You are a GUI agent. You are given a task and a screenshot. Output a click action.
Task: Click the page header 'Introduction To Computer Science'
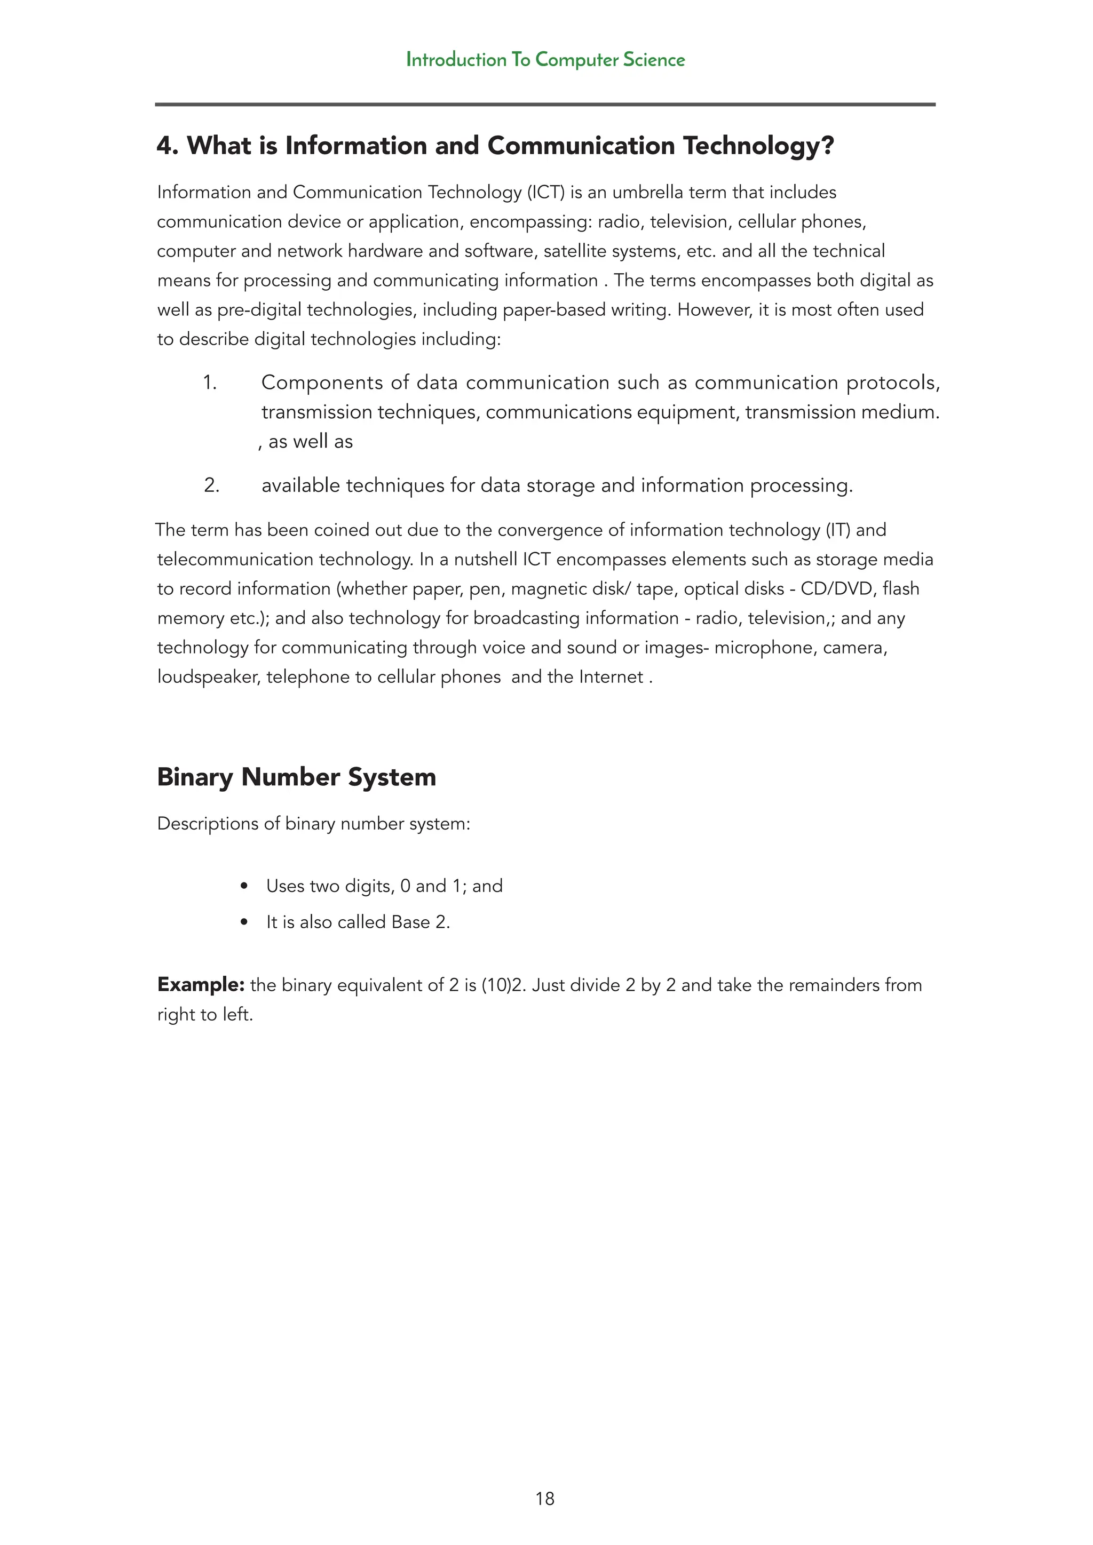pos(545,60)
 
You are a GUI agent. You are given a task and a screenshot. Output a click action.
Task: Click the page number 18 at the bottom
pos(544,1499)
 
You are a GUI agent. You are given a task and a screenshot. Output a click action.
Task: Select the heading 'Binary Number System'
pos(296,777)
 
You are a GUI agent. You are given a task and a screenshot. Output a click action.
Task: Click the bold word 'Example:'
pos(201,985)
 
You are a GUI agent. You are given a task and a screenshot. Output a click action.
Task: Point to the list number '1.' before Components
pos(210,383)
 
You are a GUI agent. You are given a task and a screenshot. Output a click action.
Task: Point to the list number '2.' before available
pos(211,485)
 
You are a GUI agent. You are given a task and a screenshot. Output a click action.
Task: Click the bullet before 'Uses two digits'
pos(244,886)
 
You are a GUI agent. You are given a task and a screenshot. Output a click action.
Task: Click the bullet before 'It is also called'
pos(244,922)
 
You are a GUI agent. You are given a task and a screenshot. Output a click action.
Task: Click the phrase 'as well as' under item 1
pos(310,442)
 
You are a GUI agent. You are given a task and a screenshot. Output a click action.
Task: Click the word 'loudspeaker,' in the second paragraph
pos(209,677)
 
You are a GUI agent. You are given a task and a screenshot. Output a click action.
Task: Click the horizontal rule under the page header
pos(545,105)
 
